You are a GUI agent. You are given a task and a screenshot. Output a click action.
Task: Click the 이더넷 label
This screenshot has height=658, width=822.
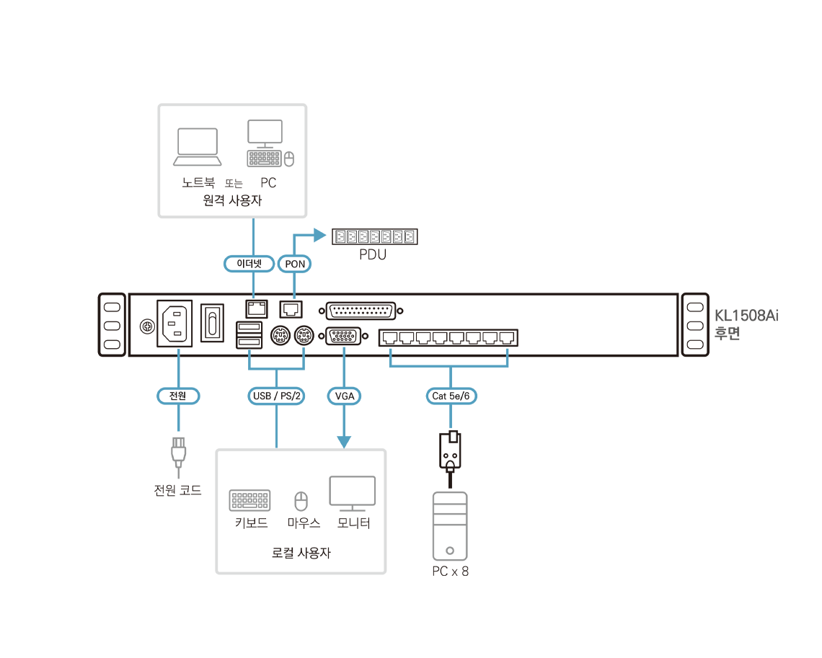coord(249,264)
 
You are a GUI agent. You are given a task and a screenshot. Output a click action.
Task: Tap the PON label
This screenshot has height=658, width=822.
coord(295,264)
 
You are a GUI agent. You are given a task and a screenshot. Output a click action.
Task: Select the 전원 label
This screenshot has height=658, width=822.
coord(178,396)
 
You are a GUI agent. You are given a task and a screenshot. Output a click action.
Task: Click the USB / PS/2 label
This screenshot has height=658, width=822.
coord(277,396)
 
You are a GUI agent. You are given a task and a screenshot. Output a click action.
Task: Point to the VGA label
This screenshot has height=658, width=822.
coord(345,396)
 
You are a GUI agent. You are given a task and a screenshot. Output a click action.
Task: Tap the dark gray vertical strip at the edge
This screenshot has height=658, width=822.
coord(751,339)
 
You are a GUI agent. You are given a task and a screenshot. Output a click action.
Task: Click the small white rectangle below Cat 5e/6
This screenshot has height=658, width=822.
coord(454,437)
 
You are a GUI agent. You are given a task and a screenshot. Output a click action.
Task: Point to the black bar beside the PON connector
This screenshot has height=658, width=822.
coord(374,236)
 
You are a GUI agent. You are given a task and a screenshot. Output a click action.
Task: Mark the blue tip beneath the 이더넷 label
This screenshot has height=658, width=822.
coord(253,294)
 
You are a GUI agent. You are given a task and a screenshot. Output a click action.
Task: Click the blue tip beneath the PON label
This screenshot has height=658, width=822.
coord(295,294)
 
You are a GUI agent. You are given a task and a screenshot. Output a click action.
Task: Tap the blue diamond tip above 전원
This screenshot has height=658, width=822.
coord(179,351)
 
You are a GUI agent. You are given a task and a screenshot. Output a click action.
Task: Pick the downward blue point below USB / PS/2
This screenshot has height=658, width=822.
coord(277,443)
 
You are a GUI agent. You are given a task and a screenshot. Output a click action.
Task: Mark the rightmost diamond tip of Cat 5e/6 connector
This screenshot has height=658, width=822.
coord(508,351)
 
